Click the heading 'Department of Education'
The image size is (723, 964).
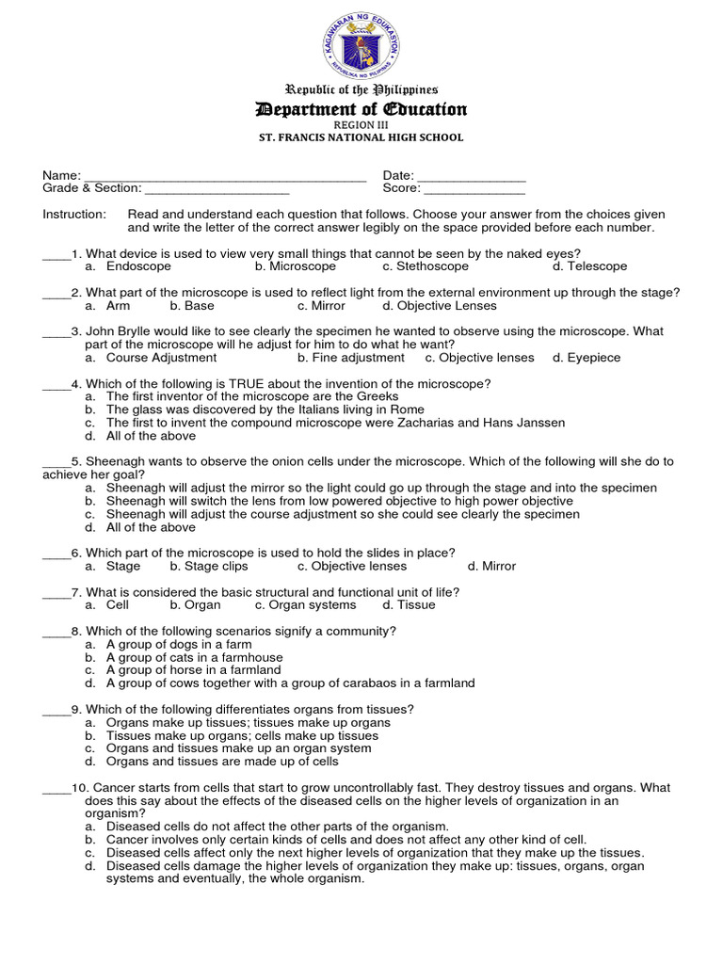point(361,110)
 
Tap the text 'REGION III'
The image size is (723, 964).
point(361,124)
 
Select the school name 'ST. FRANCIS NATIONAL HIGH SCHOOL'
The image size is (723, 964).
point(361,137)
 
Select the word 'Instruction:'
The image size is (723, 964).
point(74,215)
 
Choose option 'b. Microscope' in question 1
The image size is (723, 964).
point(295,266)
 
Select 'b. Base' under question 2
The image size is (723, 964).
point(192,306)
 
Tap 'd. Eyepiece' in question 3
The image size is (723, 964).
point(586,358)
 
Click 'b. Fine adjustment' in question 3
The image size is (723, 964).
point(350,358)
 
